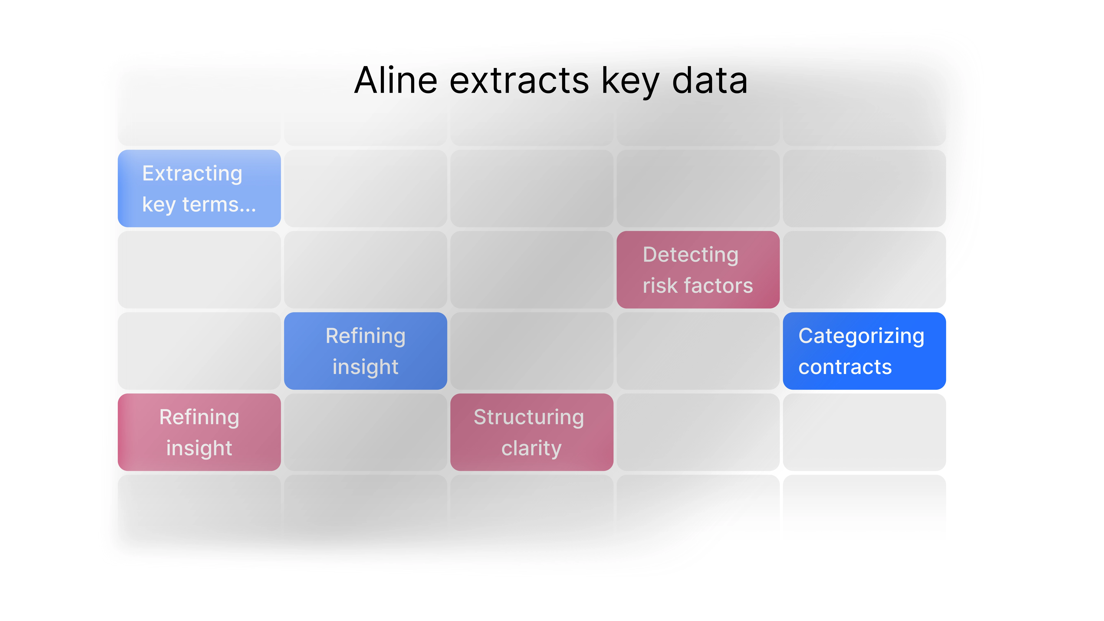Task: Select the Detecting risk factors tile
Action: click(698, 269)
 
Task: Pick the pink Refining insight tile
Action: click(199, 432)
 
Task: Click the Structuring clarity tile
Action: click(531, 432)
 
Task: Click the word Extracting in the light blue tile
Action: click(192, 174)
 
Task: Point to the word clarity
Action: click(531, 449)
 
